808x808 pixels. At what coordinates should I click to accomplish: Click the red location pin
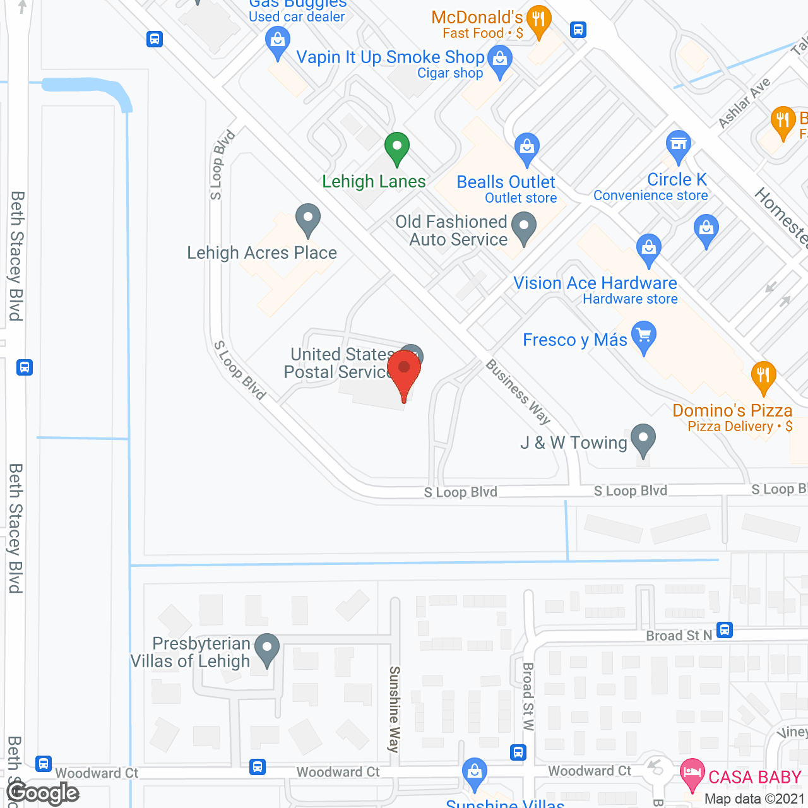[404, 372]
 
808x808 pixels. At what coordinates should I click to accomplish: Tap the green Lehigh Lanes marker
[396, 148]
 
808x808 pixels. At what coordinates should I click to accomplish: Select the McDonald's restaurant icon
[538, 21]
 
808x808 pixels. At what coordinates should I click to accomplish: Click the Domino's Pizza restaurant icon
[763, 376]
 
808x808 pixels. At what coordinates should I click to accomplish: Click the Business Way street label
[518, 392]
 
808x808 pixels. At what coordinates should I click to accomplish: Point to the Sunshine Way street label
[395, 709]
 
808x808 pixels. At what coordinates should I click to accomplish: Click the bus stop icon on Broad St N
[725, 630]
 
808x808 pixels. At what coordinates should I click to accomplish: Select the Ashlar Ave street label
[745, 102]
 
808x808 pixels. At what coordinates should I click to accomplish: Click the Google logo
[43, 793]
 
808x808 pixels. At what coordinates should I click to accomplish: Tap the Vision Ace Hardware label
[595, 283]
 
